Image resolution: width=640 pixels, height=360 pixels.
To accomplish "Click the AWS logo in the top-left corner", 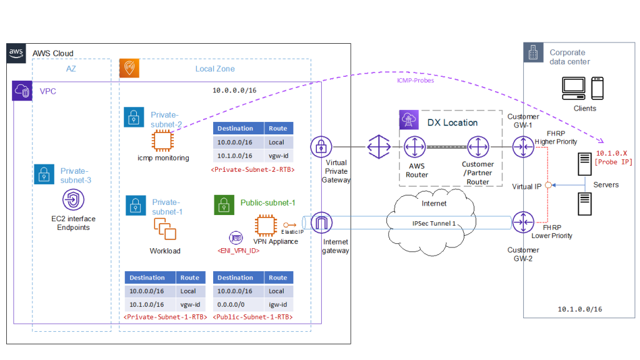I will pyautogui.click(x=16, y=53).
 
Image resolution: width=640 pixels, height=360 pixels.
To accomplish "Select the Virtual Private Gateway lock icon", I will pyautogui.click(x=321, y=147).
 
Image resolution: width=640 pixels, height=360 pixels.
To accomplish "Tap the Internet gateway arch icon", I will pyautogui.click(x=321, y=222).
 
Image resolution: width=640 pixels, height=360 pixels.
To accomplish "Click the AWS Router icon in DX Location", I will pyautogui.click(x=413, y=148).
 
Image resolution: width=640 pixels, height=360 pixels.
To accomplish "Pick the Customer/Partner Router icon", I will pyautogui.click(x=477, y=148).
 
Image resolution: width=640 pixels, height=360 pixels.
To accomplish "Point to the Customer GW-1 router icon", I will pyautogui.click(x=522, y=148).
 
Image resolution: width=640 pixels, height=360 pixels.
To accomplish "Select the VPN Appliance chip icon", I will pyautogui.click(x=266, y=225).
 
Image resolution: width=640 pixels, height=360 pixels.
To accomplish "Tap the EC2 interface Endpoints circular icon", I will pyautogui.click(x=71, y=201).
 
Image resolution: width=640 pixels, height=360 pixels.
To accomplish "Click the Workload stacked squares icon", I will pyautogui.click(x=164, y=231).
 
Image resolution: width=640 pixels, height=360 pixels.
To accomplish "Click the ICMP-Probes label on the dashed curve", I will pyautogui.click(x=415, y=81).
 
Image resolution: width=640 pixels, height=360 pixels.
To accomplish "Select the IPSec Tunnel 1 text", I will pyautogui.click(x=433, y=223).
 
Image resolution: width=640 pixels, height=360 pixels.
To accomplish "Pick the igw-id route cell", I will pyautogui.click(x=277, y=304).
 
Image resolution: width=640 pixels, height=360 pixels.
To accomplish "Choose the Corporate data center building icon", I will pyautogui.click(x=533, y=54).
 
